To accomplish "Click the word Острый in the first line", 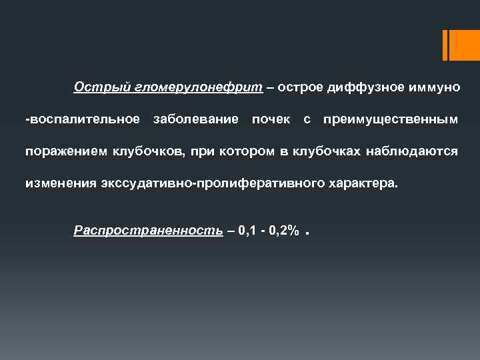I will (93, 87).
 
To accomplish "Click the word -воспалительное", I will (82, 119).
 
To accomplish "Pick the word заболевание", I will (195, 119).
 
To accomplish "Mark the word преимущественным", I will (390, 119).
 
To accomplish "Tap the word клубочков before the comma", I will (148, 151).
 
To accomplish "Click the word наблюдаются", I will (412, 151).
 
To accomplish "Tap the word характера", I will (361, 182).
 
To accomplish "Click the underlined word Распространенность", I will (148, 231).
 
